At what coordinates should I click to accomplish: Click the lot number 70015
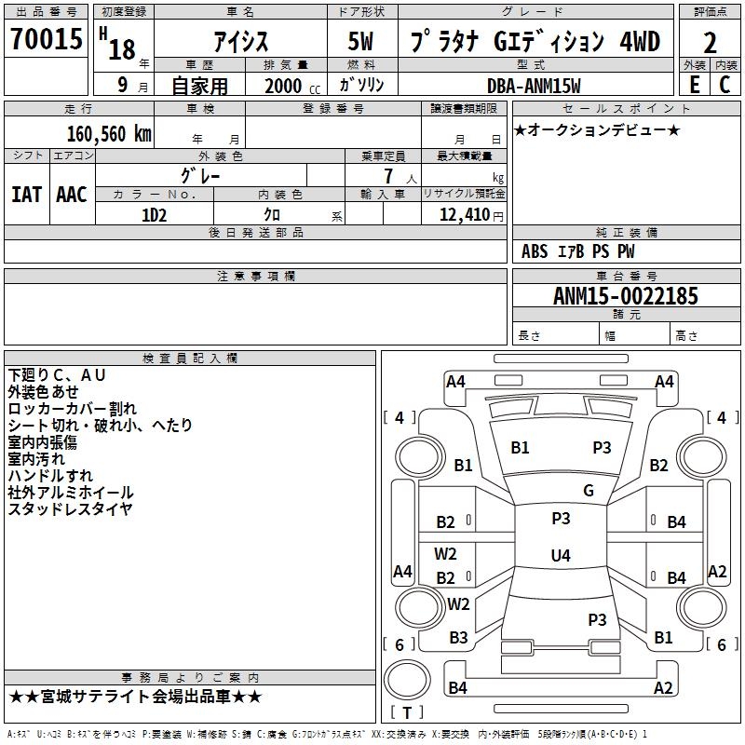[x=47, y=38]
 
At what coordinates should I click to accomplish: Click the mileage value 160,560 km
[x=109, y=134]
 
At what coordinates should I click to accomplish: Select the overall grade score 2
[x=710, y=43]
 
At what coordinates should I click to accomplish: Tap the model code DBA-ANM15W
[x=534, y=86]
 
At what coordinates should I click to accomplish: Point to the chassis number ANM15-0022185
[x=626, y=295]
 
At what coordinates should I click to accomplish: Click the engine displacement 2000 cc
[x=292, y=87]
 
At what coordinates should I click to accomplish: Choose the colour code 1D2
[x=155, y=215]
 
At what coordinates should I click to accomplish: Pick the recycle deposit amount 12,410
[x=465, y=215]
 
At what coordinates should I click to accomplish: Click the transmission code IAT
[x=27, y=195]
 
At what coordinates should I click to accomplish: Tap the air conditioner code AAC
[x=72, y=195]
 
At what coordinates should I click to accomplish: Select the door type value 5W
[x=360, y=41]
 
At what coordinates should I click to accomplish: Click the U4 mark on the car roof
[x=561, y=555]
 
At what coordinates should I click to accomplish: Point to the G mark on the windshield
[x=589, y=491]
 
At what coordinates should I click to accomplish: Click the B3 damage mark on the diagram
[x=458, y=638]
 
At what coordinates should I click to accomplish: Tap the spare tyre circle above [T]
[x=407, y=680]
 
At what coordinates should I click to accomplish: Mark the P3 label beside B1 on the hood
[x=602, y=448]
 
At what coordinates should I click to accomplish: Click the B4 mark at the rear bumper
[x=457, y=687]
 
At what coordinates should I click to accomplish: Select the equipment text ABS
[x=535, y=251]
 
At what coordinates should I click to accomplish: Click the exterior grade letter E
[x=695, y=85]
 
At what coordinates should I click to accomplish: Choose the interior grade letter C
[x=725, y=85]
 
